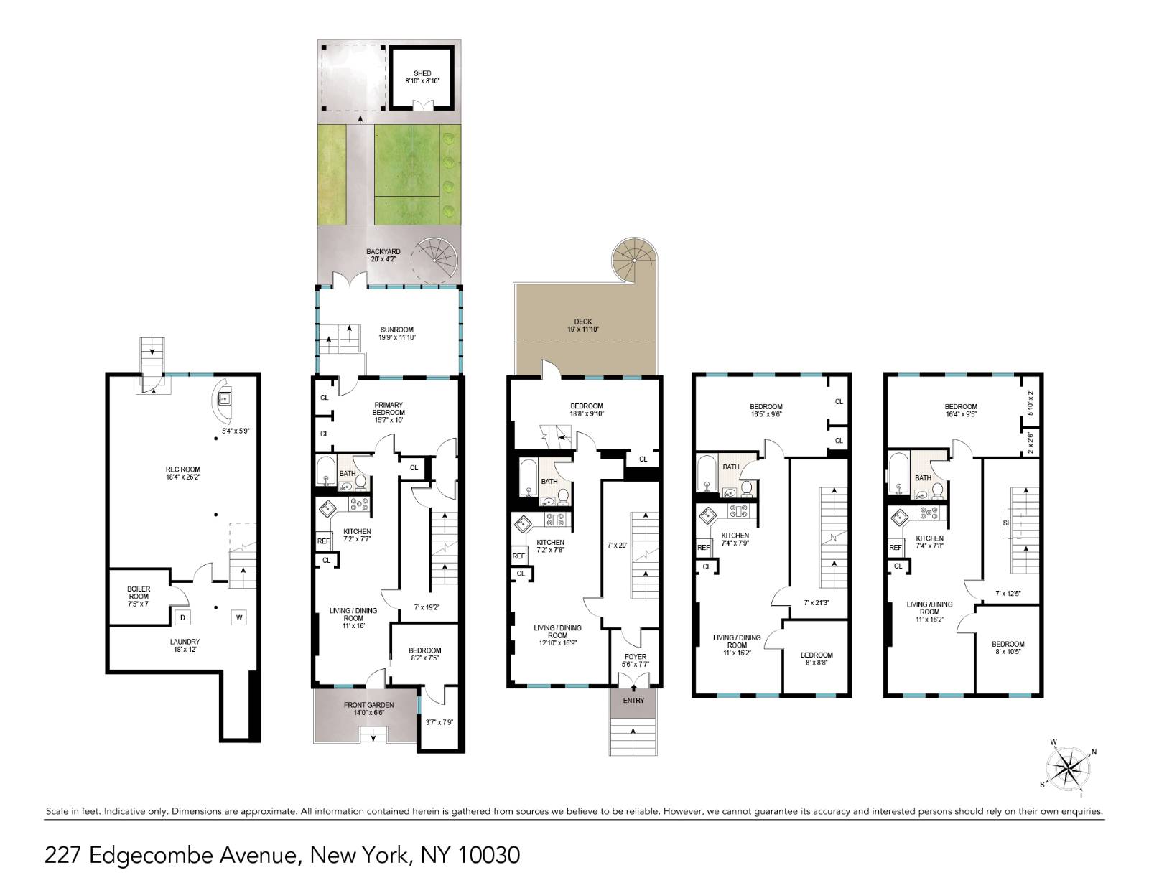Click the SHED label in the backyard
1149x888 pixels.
(x=422, y=73)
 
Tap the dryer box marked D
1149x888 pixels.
(x=182, y=617)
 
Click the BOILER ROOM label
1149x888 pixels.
(x=139, y=593)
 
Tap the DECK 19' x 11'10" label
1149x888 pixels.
(x=582, y=325)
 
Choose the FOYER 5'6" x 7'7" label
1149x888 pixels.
(x=635, y=660)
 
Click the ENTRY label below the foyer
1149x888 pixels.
(x=633, y=700)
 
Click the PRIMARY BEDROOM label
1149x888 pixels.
(x=388, y=408)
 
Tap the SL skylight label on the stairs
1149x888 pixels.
(x=1006, y=523)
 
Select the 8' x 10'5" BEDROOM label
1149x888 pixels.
(x=1008, y=648)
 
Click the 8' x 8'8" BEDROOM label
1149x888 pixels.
(x=817, y=659)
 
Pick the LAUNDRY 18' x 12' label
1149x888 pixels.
(x=185, y=645)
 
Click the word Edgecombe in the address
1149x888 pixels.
(x=148, y=855)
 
